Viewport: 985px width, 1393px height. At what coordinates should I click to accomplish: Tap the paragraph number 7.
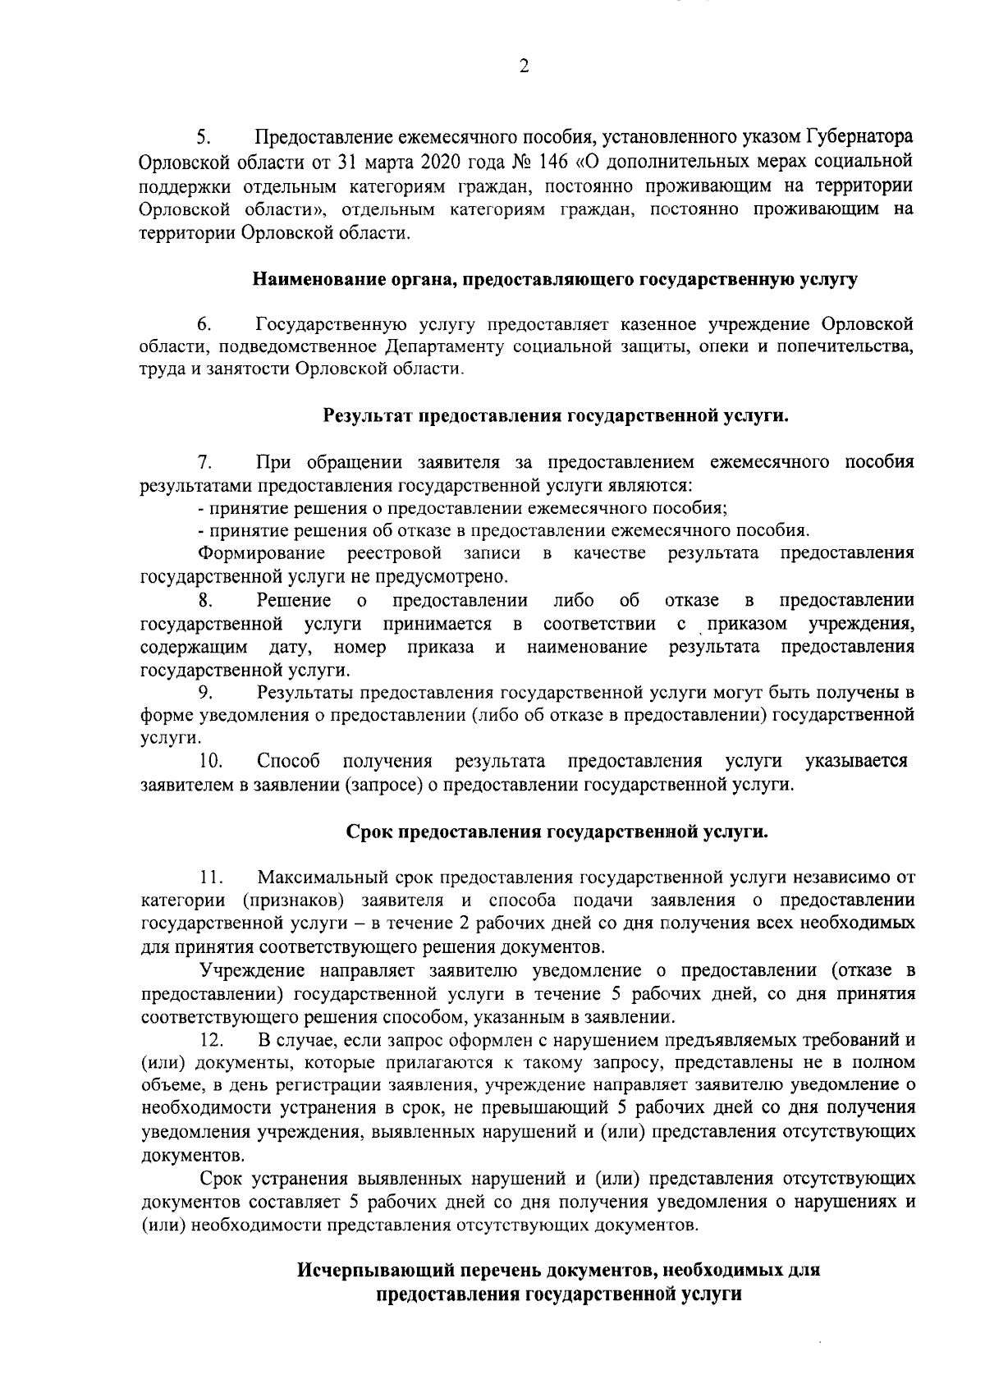tap(204, 462)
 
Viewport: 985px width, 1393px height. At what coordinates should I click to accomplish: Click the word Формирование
tap(262, 553)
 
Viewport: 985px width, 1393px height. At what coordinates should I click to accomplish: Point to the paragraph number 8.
tap(204, 601)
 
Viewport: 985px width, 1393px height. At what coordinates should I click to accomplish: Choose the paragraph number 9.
tap(204, 693)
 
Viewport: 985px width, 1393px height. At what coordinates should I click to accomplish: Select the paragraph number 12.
tap(212, 1041)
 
